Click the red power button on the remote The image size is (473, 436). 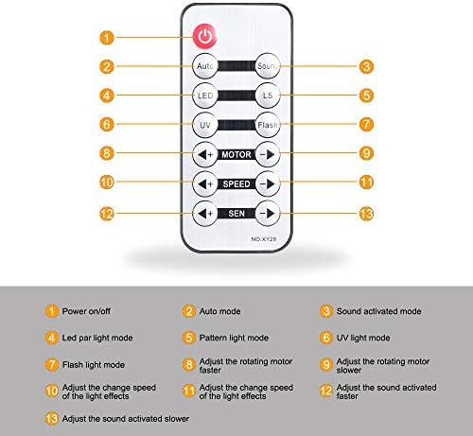pyautogui.click(x=205, y=36)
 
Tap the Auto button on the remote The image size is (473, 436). pyautogui.click(x=205, y=66)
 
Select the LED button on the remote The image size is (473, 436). pyautogui.click(x=205, y=96)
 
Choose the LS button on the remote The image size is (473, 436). pyautogui.click(x=268, y=96)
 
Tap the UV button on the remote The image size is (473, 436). pyautogui.click(x=205, y=125)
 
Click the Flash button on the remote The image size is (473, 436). pyautogui.click(x=268, y=125)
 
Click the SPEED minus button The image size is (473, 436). pyautogui.click(x=268, y=183)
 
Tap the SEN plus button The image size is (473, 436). pyautogui.click(x=205, y=214)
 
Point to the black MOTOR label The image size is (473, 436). pyautogui.click(x=236, y=154)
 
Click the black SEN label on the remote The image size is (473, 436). pyautogui.click(x=236, y=214)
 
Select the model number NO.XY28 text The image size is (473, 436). pyautogui.click(x=264, y=239)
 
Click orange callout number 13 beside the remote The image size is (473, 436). pyautogui.click(x=366, y=214)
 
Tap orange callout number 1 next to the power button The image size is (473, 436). pyautogui.click(x=107, y=38)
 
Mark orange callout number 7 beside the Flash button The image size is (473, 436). pyautogui.click(x=366, y=124)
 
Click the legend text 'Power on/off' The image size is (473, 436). pyautogui.click(x=86, y=311)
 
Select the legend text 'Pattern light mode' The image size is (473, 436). pyautogui.click(x=234, y=338)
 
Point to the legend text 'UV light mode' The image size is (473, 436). pyautogui.click(x=363, y=338)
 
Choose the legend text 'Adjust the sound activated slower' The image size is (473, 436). pyautogui.click(x=126, y=419)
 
